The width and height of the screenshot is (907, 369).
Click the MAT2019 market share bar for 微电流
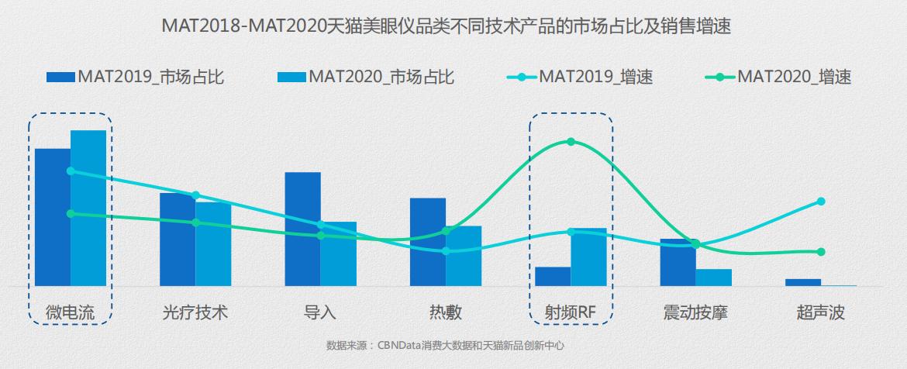(53, 217)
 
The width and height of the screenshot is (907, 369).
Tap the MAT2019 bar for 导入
(302, 229)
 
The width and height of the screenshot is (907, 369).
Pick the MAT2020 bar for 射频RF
(588, 257)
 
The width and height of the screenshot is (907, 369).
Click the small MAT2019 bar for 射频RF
(553, 277)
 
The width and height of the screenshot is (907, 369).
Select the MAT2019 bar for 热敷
(428, 242)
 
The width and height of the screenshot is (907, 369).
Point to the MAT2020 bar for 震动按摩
(713, 278)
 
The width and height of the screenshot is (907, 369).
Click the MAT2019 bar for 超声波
(802, 282)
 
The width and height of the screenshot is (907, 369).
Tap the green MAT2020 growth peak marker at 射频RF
(571, 142)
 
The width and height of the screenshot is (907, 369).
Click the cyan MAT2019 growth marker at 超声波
(821, 202)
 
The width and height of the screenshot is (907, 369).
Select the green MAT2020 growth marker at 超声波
(821, 252)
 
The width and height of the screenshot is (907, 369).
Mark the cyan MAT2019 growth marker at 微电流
(71, 171)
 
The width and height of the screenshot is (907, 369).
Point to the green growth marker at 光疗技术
(195, 222)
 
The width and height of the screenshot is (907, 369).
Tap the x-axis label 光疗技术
(195, 313)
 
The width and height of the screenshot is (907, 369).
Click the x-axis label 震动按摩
(695, 313)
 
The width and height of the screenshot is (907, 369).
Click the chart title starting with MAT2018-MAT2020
(447, 26)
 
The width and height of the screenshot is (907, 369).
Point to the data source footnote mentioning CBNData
(445, 345)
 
